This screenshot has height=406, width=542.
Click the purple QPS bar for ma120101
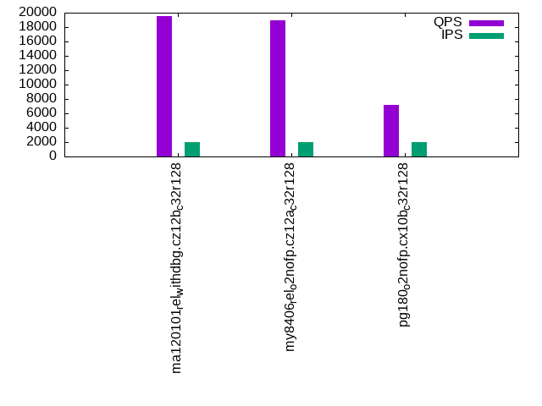(x=164, y=86)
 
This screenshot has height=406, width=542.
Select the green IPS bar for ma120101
(x=192, y=149)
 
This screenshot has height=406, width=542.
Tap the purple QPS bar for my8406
(x=278, y=88)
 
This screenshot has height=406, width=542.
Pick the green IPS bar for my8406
(x=306, y=149)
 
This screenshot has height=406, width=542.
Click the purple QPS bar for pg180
(x=391, y=130)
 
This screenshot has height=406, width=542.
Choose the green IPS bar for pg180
(x=419, y=149)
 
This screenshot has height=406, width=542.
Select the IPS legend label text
(x=451, y=36)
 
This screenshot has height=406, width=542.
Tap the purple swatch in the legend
(x=486, y=23)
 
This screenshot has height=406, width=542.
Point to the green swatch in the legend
(x=486, y=36)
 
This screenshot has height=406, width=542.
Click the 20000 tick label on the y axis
(x=39, y=13)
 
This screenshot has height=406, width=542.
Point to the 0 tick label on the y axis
(x=53, y=156)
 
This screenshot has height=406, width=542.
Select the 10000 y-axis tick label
(x=39, y=85)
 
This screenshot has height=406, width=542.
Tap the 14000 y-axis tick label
(x=39, y=56)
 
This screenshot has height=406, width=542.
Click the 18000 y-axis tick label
(x=39, y=27)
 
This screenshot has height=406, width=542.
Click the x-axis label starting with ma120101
(x=177, y=267)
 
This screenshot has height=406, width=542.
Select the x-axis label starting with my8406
(x=290, y=257)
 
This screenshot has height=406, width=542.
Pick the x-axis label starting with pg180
(x=404, y=244)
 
